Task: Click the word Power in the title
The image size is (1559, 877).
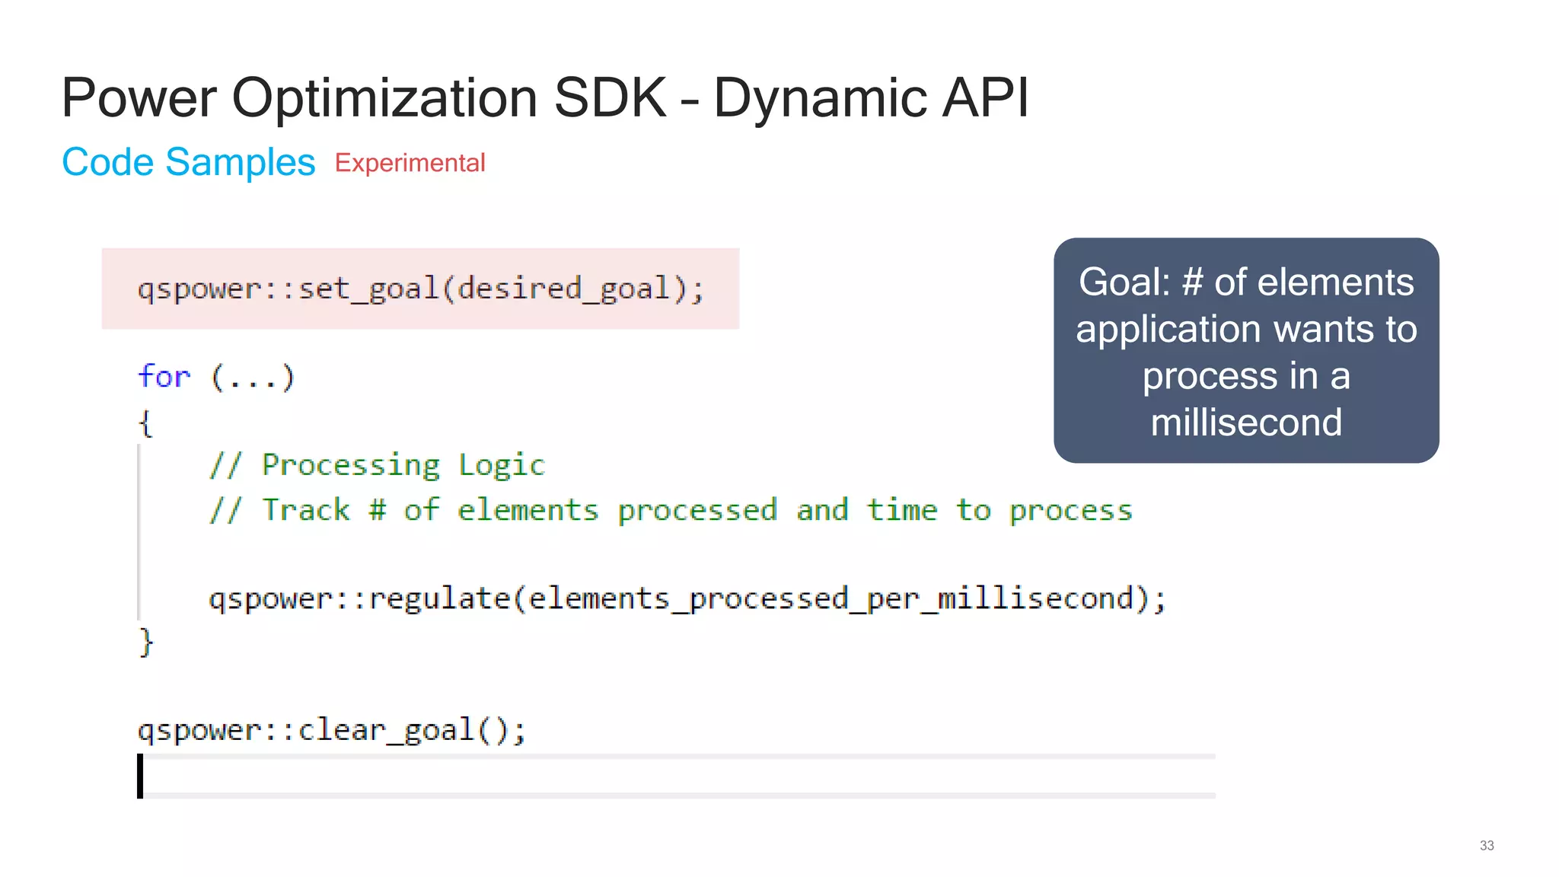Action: tap(139, 98)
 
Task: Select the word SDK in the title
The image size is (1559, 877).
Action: tap(611, 98)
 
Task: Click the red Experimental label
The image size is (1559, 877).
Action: tap(410, 163)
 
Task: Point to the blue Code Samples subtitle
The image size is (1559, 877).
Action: tap(188, 162)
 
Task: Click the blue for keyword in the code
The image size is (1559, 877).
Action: tap(164, 377)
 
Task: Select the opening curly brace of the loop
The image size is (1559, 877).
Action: tap(145, 422)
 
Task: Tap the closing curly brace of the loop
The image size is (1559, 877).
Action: tap(146, 642)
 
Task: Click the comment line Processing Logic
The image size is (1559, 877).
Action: tap(378, 465)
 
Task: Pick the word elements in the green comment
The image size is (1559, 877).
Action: tap(528, 510)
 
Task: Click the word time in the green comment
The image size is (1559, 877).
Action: tap(901, 510)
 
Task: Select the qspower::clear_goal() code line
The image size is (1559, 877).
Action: tap(331, 730)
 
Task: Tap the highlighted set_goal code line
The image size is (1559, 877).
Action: tap(420, 289)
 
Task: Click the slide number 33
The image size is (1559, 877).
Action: tap(1486, 846)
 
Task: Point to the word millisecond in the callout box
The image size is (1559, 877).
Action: tap(1246, 423)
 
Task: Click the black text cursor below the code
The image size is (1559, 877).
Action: tap(140, 776)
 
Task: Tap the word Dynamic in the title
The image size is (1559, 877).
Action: tap(821, 98)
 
